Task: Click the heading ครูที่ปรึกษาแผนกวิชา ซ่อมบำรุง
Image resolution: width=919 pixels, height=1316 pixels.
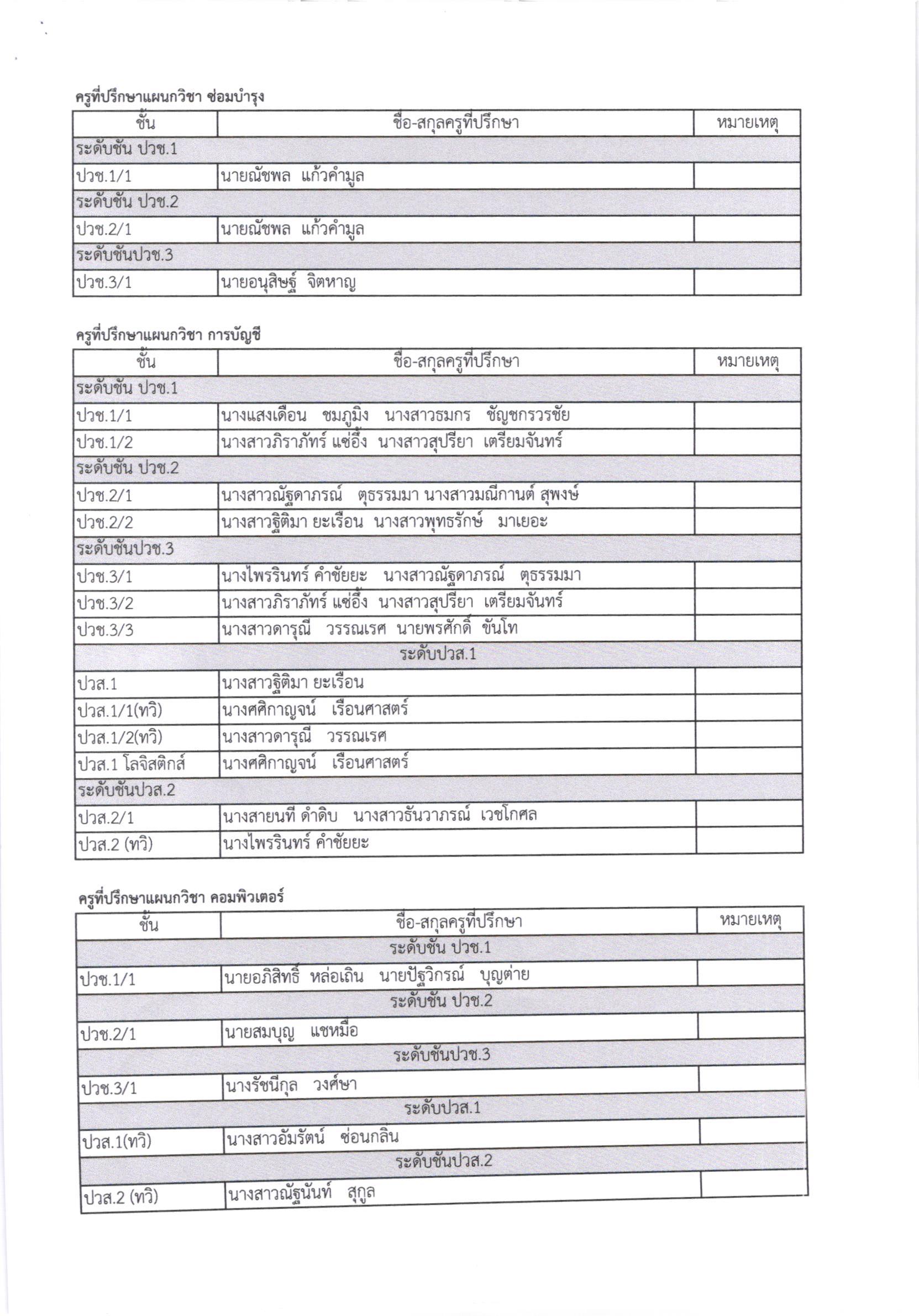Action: pyautogui.click(x=170, y=97)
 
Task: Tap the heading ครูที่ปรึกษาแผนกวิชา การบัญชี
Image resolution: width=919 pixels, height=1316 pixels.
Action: pyautogui.click(x=168, y=335)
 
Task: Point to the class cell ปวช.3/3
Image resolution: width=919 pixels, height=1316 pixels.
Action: pyautogui.click(x=106, y=631)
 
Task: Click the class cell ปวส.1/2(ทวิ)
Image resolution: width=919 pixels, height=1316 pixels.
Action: pyautogui.click(x=120, y=738)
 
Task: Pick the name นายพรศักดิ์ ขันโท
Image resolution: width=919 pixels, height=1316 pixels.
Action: pyautogui.click(x=456, y=629)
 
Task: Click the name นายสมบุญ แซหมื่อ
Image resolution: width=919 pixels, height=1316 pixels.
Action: pyautogui.click(x=291, y=1032)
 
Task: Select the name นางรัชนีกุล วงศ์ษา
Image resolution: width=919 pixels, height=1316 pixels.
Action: pyautogui.click(x=291, y=1085)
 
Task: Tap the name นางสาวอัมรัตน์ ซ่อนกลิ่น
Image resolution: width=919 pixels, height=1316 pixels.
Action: pyautogui.click(x=312, y=1137)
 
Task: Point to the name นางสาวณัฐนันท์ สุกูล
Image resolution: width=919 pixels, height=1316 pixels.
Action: pyautogui.click(x=301, y=1191)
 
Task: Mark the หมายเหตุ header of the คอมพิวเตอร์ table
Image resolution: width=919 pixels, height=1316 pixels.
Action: pyautogui.click(x=750, y=920)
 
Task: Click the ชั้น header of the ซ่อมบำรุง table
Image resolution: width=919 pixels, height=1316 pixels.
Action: pyautogui.click(x=145, y=123)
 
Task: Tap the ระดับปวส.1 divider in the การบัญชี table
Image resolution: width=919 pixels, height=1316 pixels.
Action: pyautogui.click(x=438, y=654)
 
